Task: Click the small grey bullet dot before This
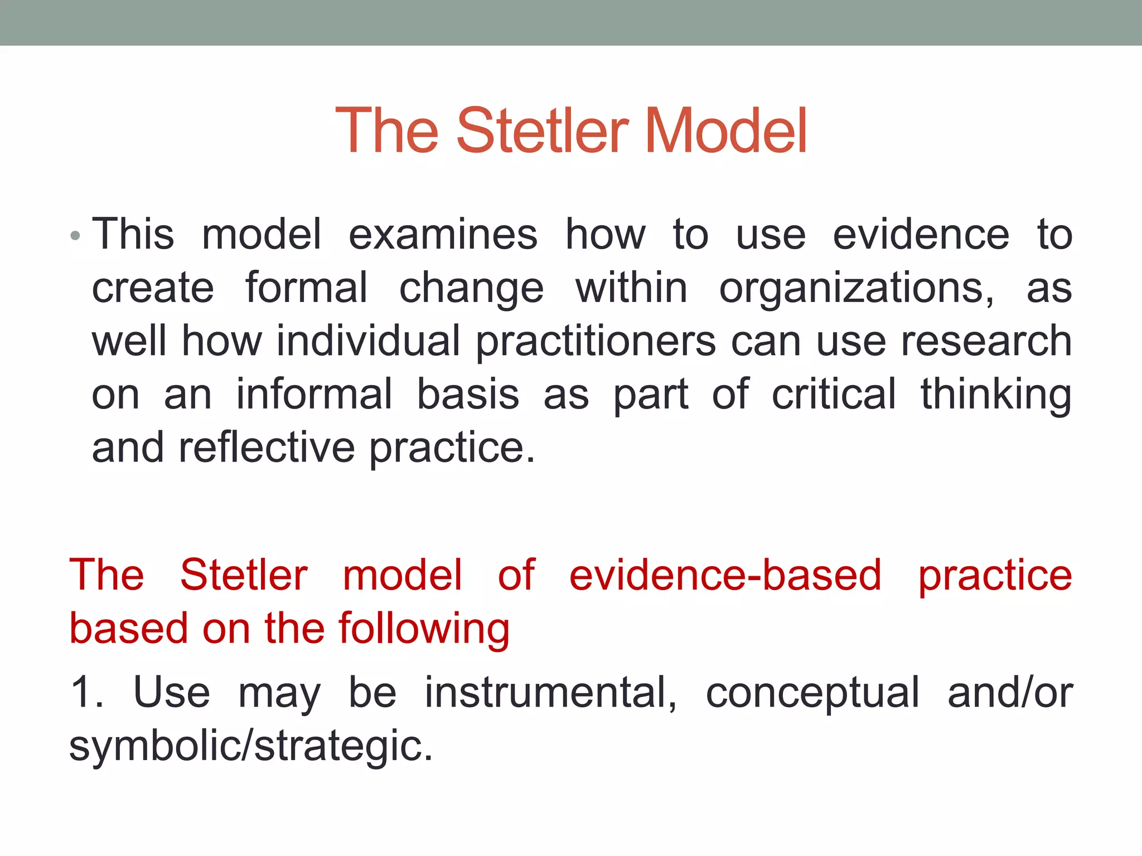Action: click(76, 236)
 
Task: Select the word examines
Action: click(443, 234)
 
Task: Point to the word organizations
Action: click(856, 289)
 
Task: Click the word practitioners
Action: click(596, 342)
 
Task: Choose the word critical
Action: click(834, 394)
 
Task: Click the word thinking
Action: click(995, 395)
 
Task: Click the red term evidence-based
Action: click(725, 575)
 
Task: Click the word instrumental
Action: click(550, 693)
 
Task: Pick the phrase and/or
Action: click(1010, 693)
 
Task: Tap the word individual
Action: click(368, 342)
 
